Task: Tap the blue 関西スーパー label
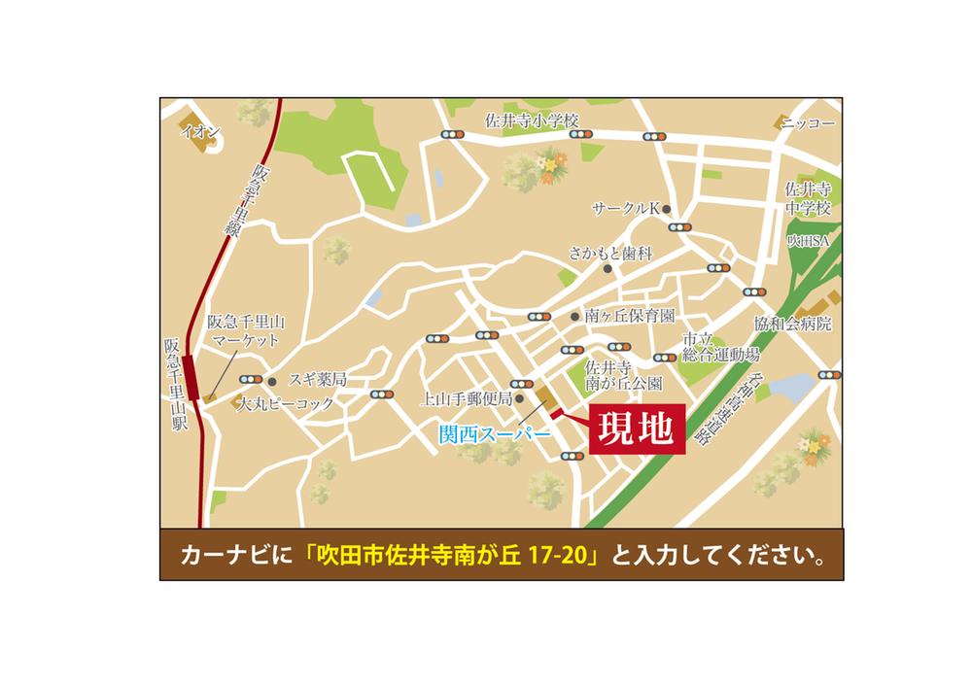click(494, 437)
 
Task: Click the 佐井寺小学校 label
click(531, 120)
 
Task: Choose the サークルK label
click(626, 209)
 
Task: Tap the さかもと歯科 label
click(609, 254)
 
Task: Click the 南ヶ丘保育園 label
click(629, 316)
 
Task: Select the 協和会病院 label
click(792, 324)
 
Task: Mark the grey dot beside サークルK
click(667, 209)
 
